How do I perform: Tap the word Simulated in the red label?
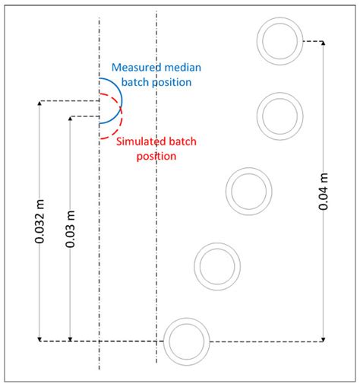click(142, 142)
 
